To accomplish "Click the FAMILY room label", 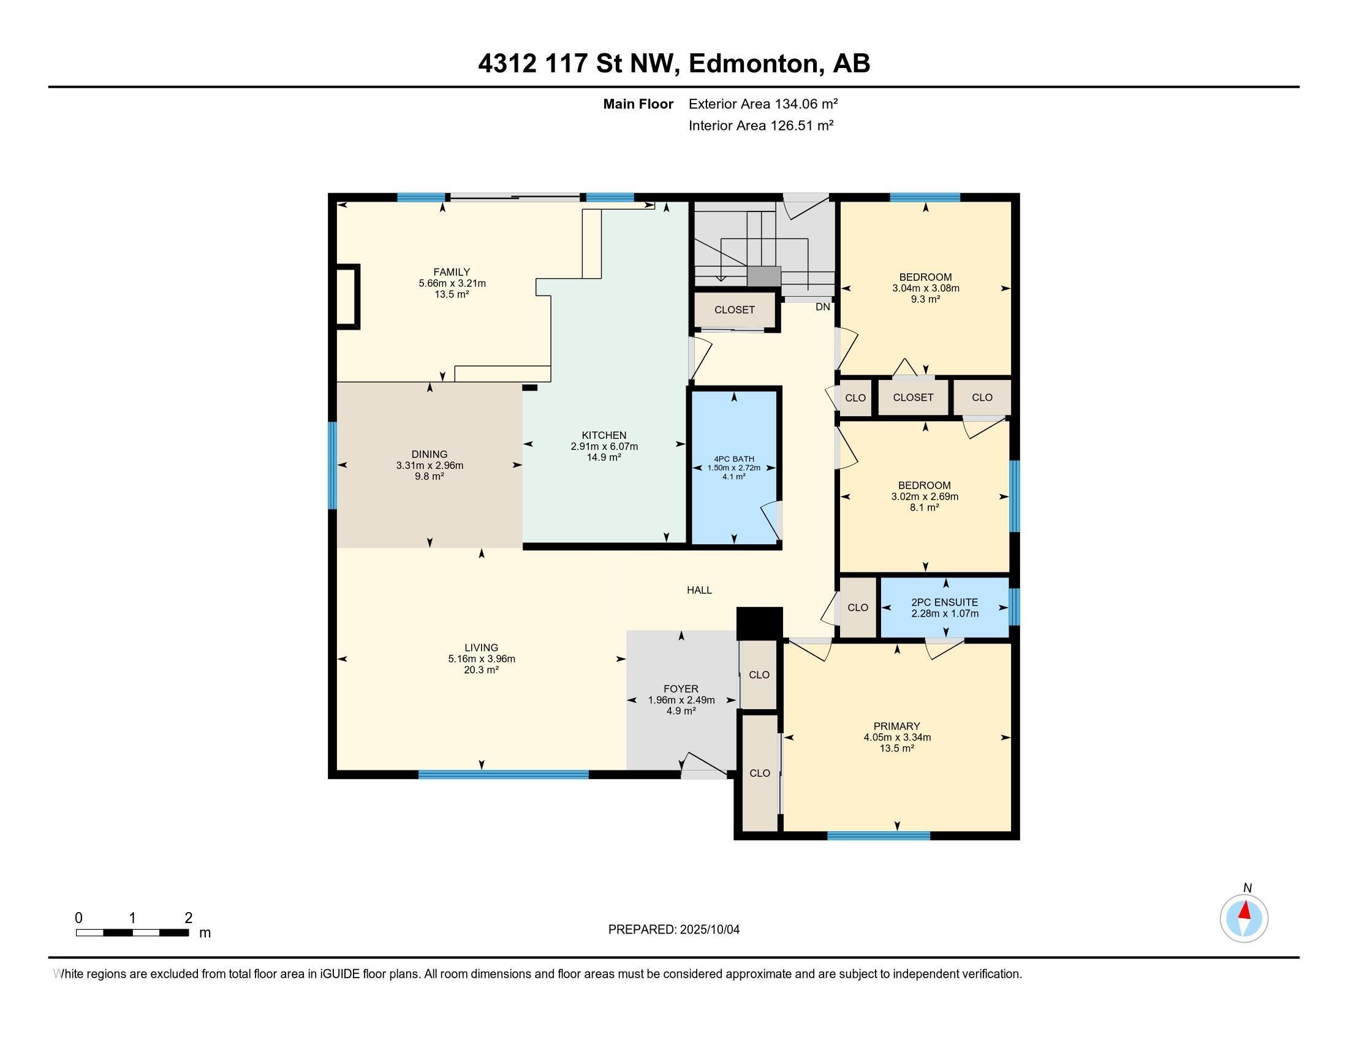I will point(451,272).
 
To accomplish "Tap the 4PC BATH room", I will point(734,466).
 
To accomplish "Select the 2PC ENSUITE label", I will point(944,603).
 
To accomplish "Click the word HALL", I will point(699,590).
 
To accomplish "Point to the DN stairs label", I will point(822,307).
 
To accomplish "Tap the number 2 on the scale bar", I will point(188,918).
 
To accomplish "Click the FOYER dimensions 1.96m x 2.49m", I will point(681,700).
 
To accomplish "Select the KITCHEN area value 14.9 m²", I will point(604,457).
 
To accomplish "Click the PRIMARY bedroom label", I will point(896,726).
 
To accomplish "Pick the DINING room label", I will point(429,454).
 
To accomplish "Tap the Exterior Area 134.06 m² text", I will point(763,104).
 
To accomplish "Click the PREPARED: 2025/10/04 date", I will point(673,930).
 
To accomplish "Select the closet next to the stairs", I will point(734,310).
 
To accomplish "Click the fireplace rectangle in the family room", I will point(346,297).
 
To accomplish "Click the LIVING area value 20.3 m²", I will point(481,670).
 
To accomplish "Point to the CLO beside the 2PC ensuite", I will point(857,607).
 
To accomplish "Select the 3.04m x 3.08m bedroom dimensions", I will point(925,288).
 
